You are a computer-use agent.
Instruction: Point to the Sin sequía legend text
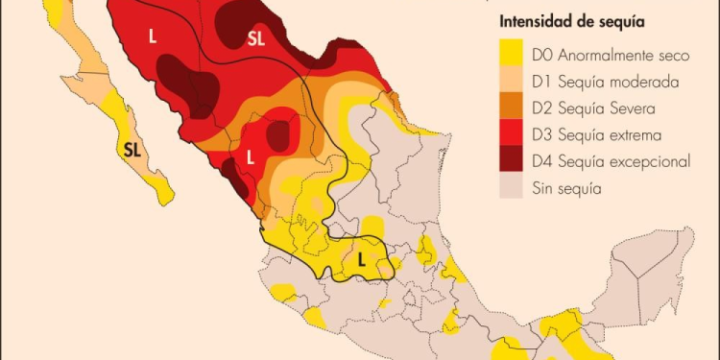566,188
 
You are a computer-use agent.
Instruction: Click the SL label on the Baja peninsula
133,149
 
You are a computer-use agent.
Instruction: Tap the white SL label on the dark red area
256,38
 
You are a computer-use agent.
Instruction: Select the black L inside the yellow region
361,259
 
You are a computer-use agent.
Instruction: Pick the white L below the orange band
250,156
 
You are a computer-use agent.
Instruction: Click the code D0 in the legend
542,57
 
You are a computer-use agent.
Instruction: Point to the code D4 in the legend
543,161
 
